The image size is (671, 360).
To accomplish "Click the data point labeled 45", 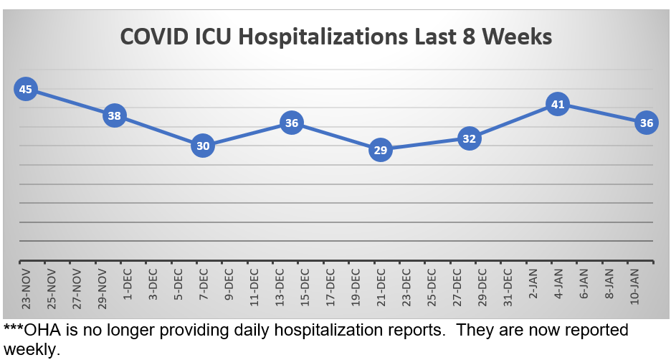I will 26,90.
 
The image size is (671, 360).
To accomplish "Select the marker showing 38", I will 115,115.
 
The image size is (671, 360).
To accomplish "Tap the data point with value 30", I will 203,146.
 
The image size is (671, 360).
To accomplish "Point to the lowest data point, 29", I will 381,151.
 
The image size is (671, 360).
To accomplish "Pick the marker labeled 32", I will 470,139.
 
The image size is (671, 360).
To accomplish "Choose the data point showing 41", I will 558,105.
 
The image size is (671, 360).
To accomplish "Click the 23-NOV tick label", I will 26,288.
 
